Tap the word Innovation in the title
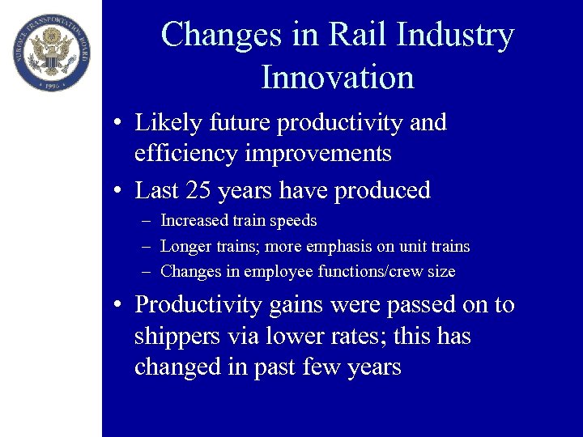pyautogui.click(x=337, y=78)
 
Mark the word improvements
pyautogui.click(x=324, y=154)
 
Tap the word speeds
pyautogui.click(x=296, y=220)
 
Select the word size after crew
pyautogui.click(x=441, y=272)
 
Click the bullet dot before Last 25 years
pyautogui.click(x=118, y=192)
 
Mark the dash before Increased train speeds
pyautogui.click(x=143, y=221)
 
